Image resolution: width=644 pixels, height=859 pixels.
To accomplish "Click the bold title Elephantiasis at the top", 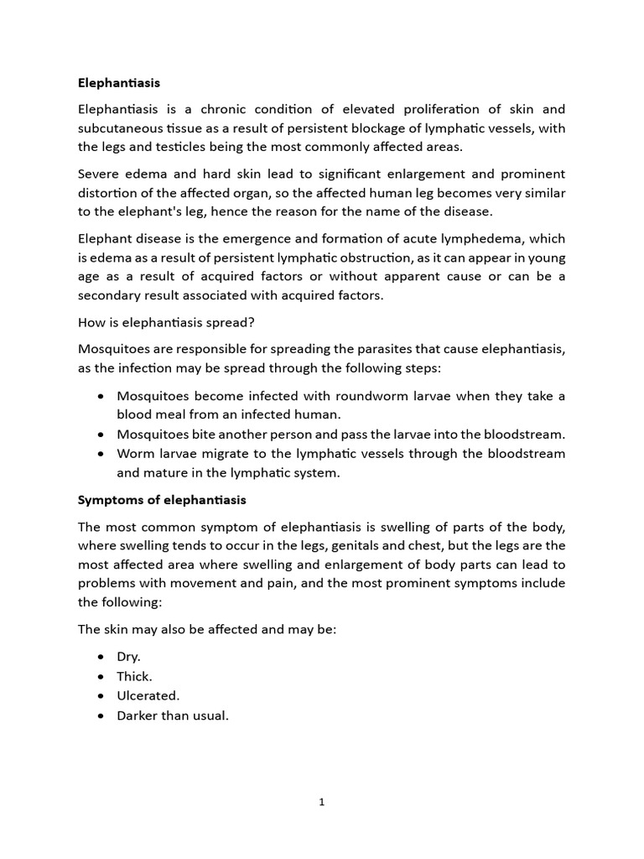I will pyautogui.click(x=118, y=83).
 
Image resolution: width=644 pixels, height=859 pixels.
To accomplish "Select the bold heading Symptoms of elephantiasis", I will pyautogui.click(x=162, y=500).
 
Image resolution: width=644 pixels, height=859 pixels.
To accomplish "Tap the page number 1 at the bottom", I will pyautogui.click(x=321, y=802).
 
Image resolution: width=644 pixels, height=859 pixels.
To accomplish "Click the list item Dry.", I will pyautogui.click(x=128, y=657).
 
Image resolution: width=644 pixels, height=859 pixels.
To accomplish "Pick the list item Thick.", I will pyautogui.click(x=134, y=676).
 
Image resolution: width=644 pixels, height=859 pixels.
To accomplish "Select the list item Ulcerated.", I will pyautogui.click(x=148, y=695).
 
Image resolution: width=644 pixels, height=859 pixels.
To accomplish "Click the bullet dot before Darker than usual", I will pyautogui.click(x=101, y=716).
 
